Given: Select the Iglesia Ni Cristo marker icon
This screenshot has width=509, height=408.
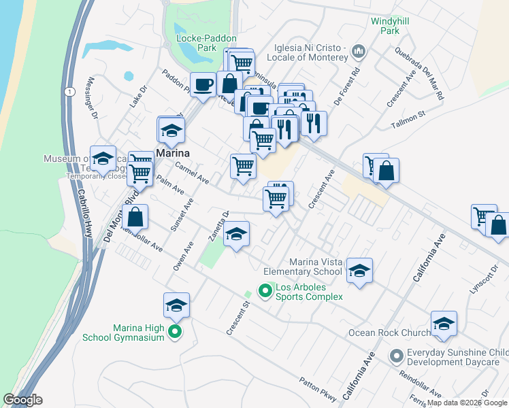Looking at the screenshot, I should coord(359,51).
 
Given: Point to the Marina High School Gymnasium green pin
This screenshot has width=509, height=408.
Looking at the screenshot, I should coord(175,333).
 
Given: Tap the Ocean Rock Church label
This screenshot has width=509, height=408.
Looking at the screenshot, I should coord(389,333).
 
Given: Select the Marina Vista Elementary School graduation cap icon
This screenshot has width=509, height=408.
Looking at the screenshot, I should coord(359,271).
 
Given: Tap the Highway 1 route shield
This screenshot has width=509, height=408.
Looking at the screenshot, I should coord(68,91).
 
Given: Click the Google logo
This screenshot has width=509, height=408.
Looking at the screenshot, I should coord(22,400).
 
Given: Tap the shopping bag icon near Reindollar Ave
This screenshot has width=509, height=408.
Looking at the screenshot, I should coord(135,218).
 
